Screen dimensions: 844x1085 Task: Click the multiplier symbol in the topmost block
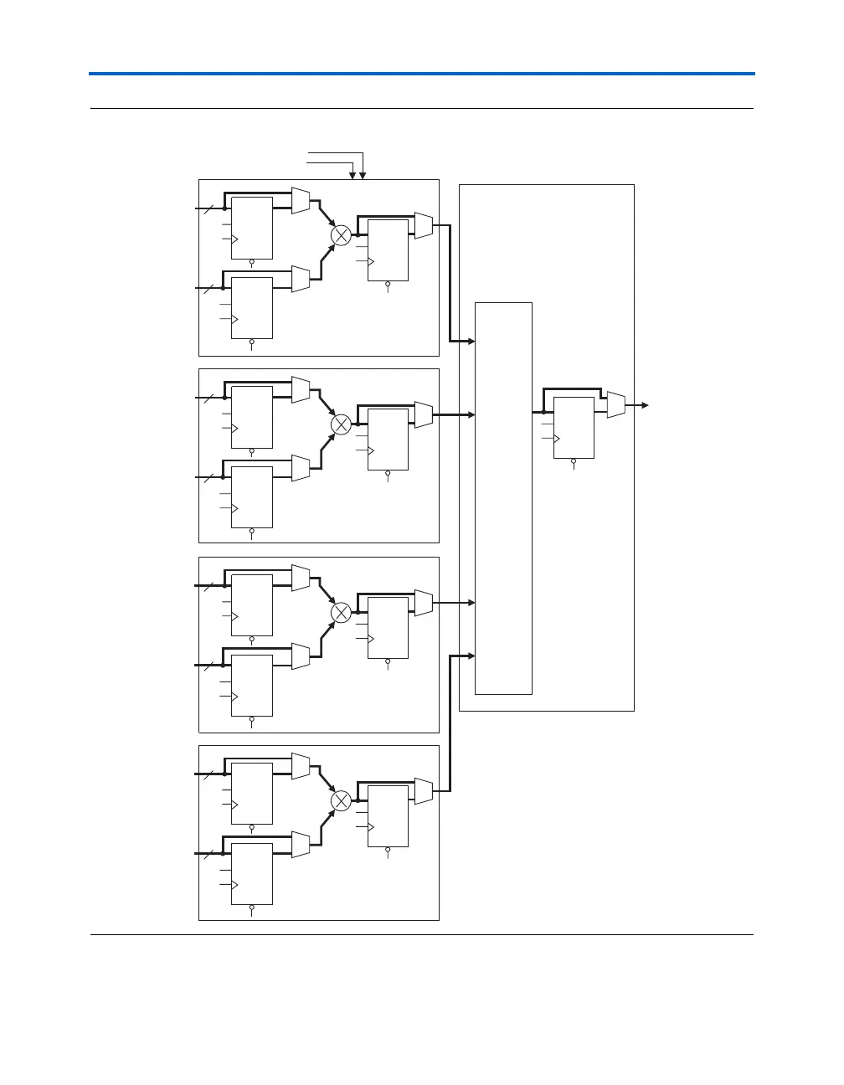pyautogui.click(x=341, y=236)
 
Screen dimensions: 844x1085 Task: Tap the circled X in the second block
pyautogui.click(x=341, y=425)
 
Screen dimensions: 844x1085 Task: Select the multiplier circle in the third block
pyautogui.click(x=341, y=613)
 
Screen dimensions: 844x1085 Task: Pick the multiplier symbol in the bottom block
pyautogui.click(x=341, y=801)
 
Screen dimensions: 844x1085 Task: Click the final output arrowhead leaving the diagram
pyautogui.click(x=645, y=405)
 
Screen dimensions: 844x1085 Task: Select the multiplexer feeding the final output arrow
pyautogui.click(x=615, y=405)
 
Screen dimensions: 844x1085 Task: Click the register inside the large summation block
pyautogui.click(x=574, y=428)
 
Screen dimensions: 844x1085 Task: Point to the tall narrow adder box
pyautogui.click(x=503, y=498)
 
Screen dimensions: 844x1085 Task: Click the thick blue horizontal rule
pyautogui.click(x=422, y=74)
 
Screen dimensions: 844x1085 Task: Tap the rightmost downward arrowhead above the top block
pyautogui.click(x=363, y=176)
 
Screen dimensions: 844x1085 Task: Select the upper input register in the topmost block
pyautogui.click(x=252, y=229)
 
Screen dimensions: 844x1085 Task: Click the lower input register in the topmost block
pyautogui.click(x=252, y=307)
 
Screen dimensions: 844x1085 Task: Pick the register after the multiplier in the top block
pyautogui.click(x=388, y=250)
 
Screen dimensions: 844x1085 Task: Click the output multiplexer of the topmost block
pyautogui.click(x=423, y=225)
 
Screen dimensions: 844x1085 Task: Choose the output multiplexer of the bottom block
pyautogui.click(x=423, y=791)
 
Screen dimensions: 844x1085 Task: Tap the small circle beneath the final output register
pyautogui.click(x=574, y=461)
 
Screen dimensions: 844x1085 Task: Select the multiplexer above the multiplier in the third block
pyautogui.click(x=301, y=578)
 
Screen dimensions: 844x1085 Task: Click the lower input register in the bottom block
pyautogui.click(x=252, y=873)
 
